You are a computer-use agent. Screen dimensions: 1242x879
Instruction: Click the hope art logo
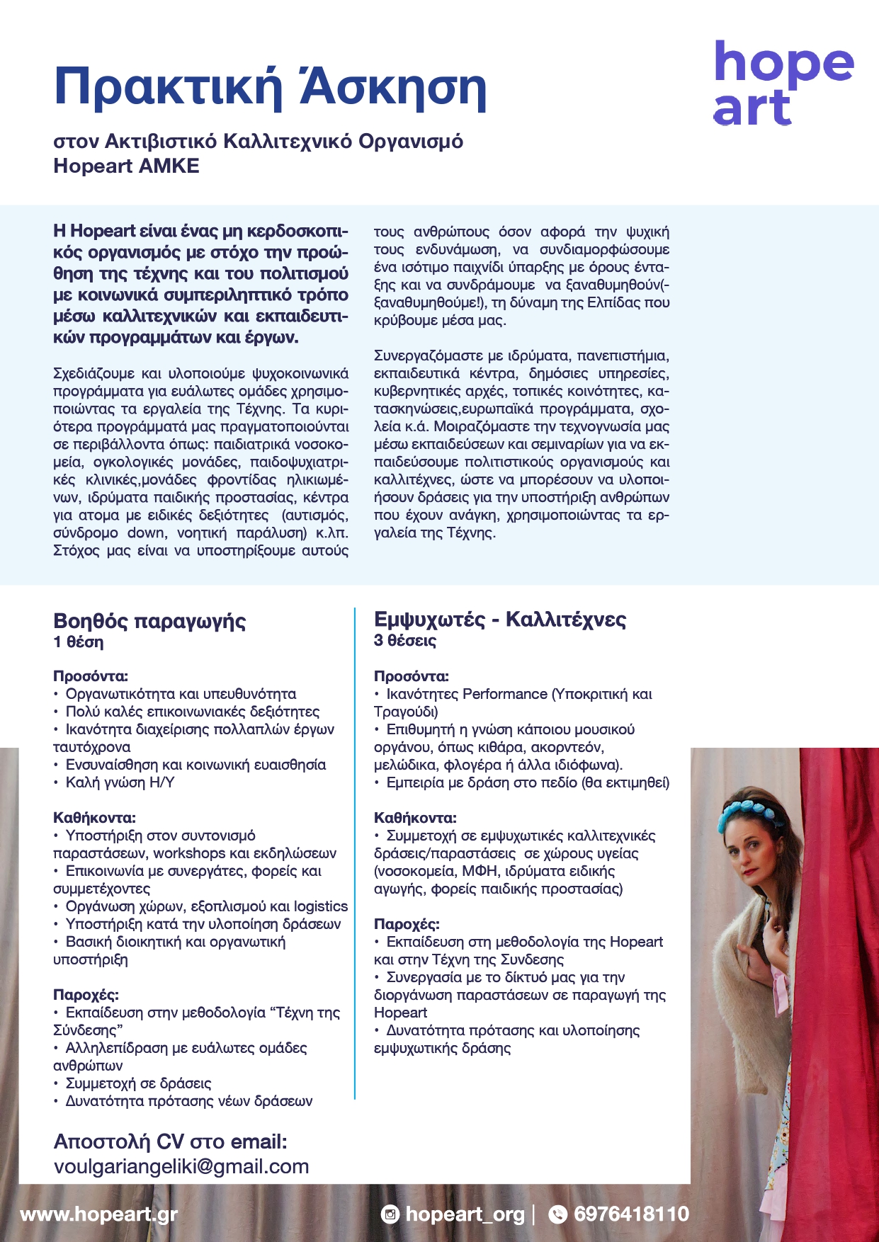[783, 84]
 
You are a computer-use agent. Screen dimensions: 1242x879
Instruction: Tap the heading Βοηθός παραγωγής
[149, 621]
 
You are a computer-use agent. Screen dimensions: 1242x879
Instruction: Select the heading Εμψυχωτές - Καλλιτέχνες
[500, 620]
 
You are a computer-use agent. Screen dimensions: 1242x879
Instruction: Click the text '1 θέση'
[78, 642]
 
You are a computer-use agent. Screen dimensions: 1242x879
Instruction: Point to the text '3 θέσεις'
[404, 641]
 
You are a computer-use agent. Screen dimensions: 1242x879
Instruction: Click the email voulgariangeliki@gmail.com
[181, 1166]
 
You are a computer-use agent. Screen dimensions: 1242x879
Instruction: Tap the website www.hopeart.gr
[98, 1214]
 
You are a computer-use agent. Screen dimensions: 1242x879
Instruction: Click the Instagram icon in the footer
[390, 1214]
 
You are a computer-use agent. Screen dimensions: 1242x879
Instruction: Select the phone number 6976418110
[631, 1214]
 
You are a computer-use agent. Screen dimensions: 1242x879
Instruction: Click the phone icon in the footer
[558, 1214]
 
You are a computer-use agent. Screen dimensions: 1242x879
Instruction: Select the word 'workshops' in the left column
[186, 853]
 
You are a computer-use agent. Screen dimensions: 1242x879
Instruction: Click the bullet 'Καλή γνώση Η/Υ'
[120, 782]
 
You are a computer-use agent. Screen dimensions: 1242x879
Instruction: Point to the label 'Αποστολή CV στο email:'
[170, 1141]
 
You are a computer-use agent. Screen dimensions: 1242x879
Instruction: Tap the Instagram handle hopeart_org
[465, 1214]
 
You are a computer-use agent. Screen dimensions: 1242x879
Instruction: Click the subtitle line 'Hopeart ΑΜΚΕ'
[126, 166]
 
